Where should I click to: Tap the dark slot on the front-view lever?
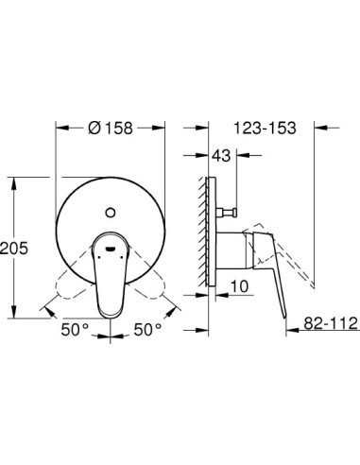click(x=110, y=249)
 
